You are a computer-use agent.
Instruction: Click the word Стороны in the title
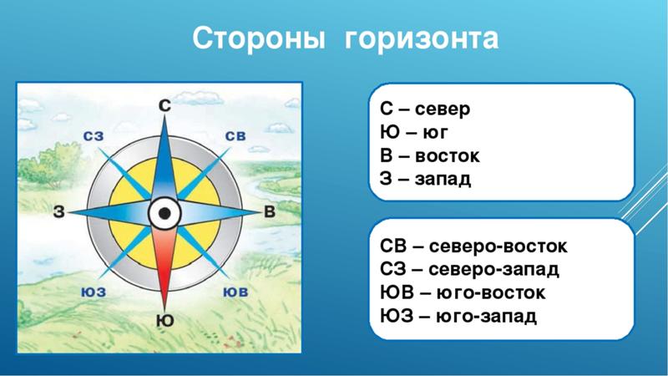pyautogui.click(x=259, y=38)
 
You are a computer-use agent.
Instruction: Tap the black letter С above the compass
pyautogui.click(x=164, y=105)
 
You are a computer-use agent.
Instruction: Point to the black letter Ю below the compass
pyautogui.click(x=164, y=320)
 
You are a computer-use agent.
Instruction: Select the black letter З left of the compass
pyautogui.click(x=58, y=211)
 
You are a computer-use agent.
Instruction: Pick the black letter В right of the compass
pyautogui.click(x=270, y=211)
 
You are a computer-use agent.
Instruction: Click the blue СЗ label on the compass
pyautogui.click(x=94, y=136)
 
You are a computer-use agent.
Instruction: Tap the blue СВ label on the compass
pyautogui.click(x=235, y=135)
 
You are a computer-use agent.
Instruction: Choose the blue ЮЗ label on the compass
pyautogui.click(x=94, y=292)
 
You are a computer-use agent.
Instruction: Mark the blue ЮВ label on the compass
pyautogui.click(x=235, y=292)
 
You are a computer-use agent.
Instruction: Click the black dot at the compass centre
pyautogui.click(x=164, y=213)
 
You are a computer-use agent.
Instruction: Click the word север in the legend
pyautogui.click(x=443, y=109)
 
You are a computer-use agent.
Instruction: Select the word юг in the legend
pyautogui.click(x=435, y=133)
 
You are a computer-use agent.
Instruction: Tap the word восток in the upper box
pyautogui.click(x=448, y=156)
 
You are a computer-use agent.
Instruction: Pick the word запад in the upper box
pyautogui.click(x=443, y=180)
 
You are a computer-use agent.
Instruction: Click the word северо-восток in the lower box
pyautogui.click(x=498, y=246)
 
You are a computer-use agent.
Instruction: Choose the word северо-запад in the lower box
pyautogui.click(x=493, y=270)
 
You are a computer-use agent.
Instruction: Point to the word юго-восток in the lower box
pyautogui.click(x=491, y=293)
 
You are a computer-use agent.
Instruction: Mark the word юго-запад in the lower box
pyautogui.click(x=487, y=317)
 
